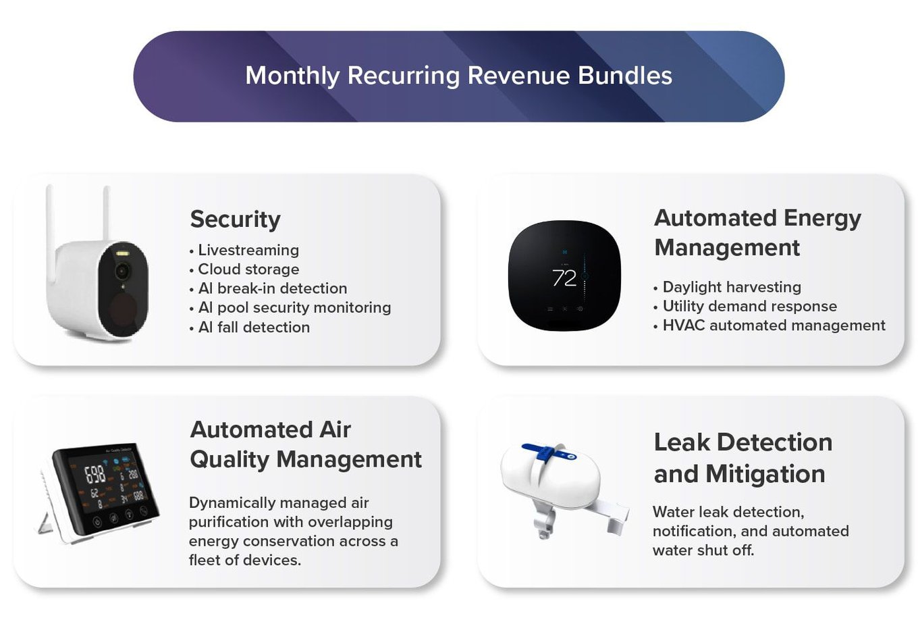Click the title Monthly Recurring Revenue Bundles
tap(458, 76)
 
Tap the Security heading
tap(235, 219)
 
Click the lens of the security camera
tap(122, 271)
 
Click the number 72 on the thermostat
tap(564, 278)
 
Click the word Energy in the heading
tap(822, 219)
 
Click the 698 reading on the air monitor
tap(95, 475)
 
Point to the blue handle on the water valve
tap(548, 453)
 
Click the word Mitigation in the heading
tap(765, 474)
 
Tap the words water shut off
tap(703, 550)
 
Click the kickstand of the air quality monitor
tap(45, 523)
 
